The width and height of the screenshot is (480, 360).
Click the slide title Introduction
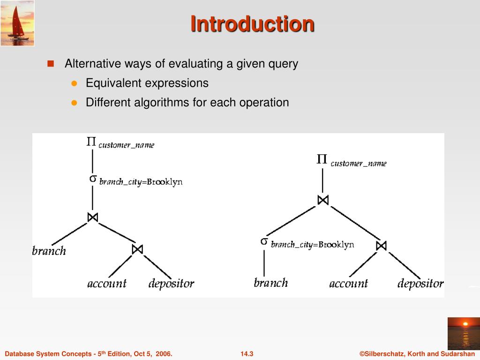252,24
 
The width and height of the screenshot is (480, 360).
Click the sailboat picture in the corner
17,23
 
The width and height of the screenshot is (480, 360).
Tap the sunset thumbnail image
463,333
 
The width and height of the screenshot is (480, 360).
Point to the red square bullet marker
51,63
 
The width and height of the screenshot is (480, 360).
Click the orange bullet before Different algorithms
74,103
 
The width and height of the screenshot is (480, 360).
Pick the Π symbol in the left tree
92,142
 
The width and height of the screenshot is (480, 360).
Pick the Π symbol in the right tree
322,160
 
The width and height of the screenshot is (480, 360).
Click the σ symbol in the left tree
93,179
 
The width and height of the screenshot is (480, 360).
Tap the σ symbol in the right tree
264,241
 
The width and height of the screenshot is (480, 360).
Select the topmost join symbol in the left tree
92,217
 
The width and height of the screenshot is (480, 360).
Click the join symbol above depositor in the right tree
381,245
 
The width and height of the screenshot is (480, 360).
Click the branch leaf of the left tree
49,251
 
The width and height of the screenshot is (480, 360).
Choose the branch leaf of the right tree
270,283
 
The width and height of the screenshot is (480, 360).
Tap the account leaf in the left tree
107,284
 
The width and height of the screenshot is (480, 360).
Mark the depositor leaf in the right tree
420,284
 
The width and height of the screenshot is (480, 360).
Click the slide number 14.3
247,354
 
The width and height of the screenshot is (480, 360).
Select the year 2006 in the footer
162,354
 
